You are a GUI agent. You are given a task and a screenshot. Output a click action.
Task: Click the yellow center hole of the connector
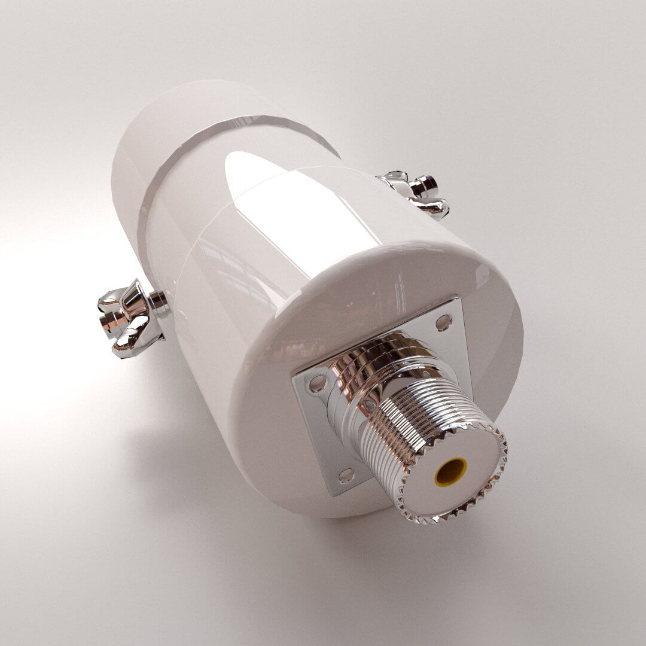[x=451, y=471]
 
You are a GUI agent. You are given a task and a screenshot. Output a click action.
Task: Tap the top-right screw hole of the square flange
[x=443, y=322]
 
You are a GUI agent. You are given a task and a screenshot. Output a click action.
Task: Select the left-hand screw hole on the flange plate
[x=317, y=383]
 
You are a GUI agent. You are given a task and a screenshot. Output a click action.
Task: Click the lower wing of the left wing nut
[x=135, y=344]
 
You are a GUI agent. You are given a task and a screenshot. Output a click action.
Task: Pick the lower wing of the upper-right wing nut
[x=434, y=206]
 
